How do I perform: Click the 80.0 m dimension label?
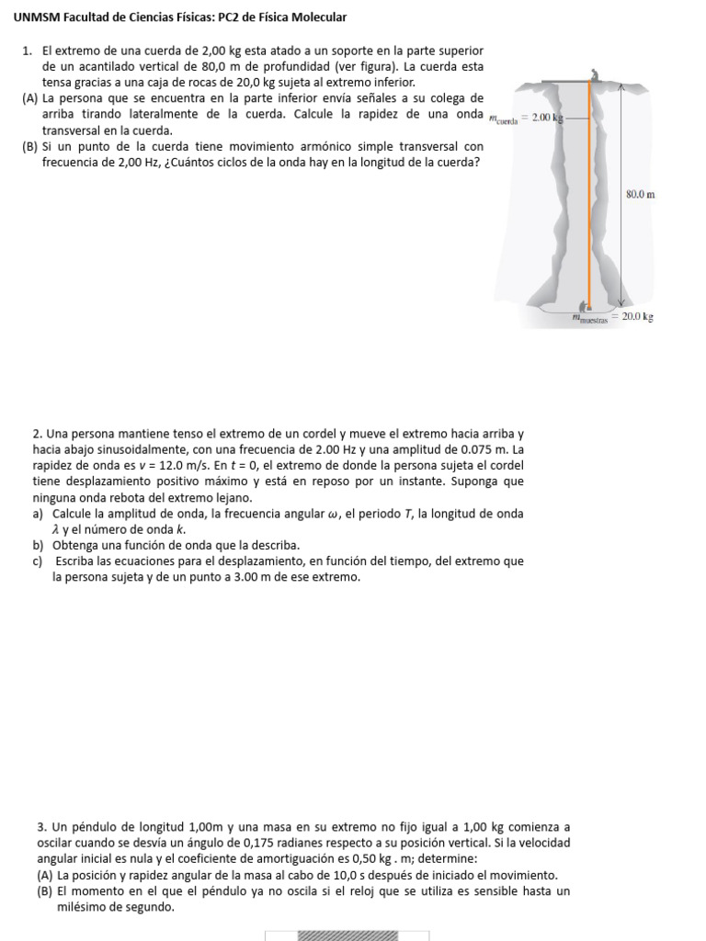(639, 195)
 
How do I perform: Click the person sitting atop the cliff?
(595, 74)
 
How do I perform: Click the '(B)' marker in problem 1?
(30, 146)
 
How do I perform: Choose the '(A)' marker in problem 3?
(45, 876)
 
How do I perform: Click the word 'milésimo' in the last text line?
(77, 907)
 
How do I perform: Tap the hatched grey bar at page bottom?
(347, 935)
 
